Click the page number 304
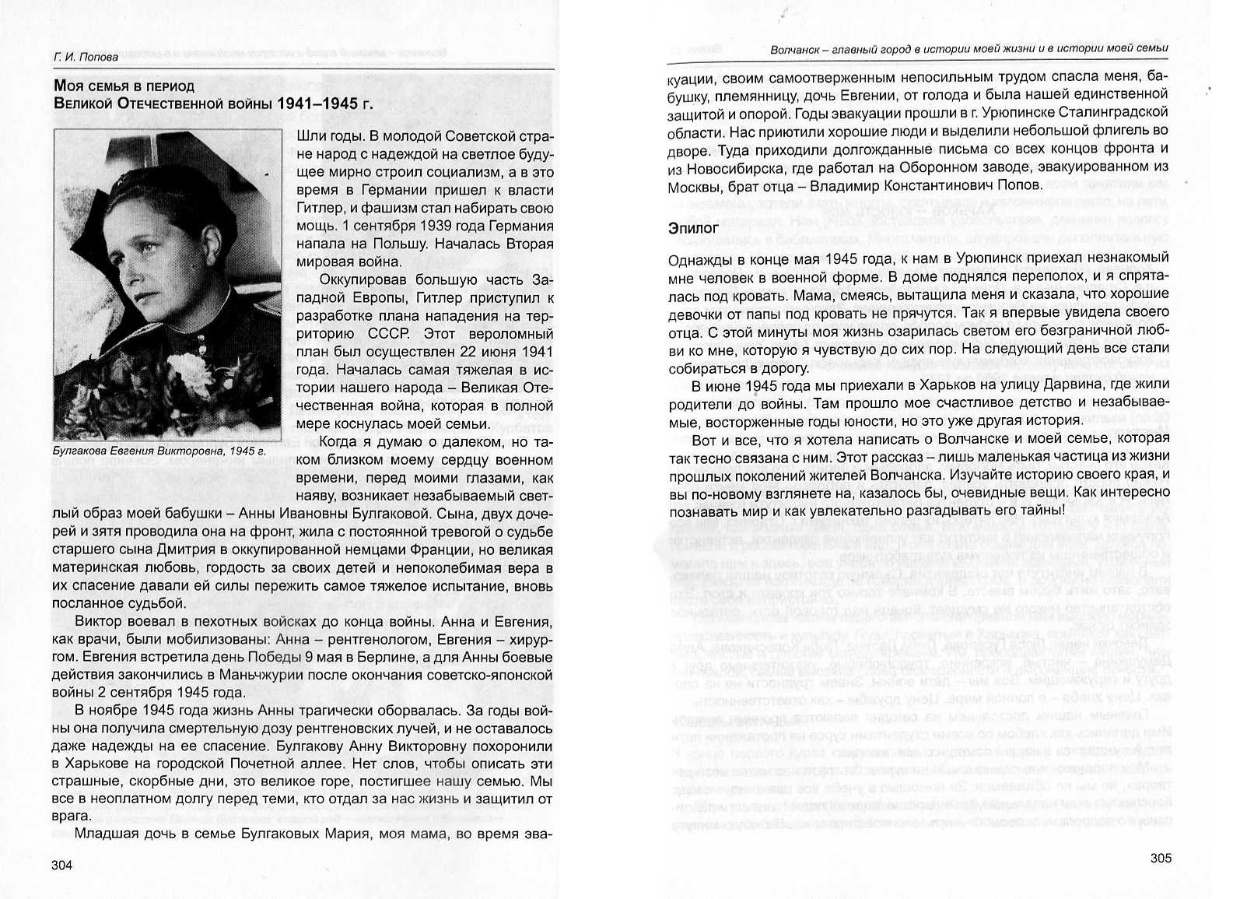point(61,865)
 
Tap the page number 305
point(1160,858)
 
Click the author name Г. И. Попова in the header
point(86,57)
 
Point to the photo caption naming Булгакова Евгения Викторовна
point(159,450)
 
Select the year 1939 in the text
point(442,226)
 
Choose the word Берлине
point(352,656)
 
